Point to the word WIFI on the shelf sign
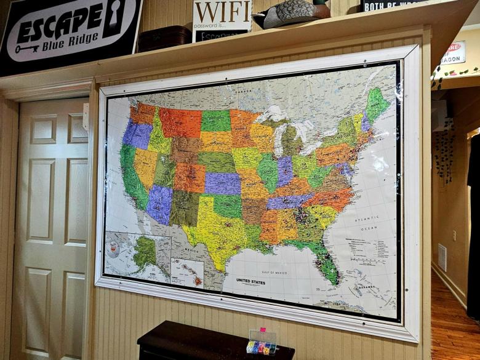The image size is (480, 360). tap(222, 12)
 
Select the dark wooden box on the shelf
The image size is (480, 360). tap(164, 38)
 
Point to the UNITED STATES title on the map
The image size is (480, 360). tap(251, 282)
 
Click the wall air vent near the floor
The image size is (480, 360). tap(442, 257)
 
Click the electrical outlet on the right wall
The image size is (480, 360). tap(454, 235)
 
